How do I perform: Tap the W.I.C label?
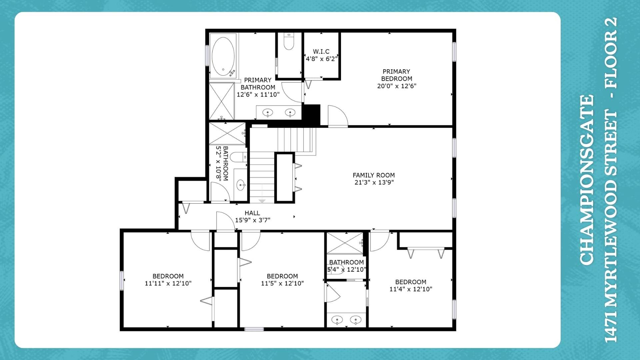tap(321, 52)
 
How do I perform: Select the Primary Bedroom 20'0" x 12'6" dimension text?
tap(397, 86)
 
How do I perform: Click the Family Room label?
tap(374, 175)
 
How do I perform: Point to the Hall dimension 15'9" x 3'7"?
tap(253, 220)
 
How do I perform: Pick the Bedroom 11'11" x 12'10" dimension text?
tap(168, 283)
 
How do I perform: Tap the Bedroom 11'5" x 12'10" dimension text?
tap(282, 283)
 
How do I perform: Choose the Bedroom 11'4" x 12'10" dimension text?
tap(411, 289)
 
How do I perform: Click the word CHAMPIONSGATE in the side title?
tap(587, 180)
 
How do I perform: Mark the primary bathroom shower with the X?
tap(222, 101)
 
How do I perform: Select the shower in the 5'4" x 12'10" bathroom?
tap(345, 243)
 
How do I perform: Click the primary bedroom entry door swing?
tap(338, 116)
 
